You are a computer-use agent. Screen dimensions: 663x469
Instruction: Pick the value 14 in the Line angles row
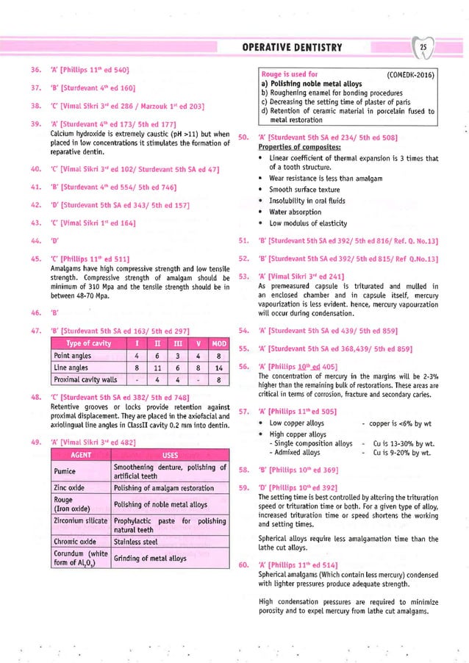(x=219, y=368)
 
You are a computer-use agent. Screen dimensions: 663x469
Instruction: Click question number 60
(x=244, y=565)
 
